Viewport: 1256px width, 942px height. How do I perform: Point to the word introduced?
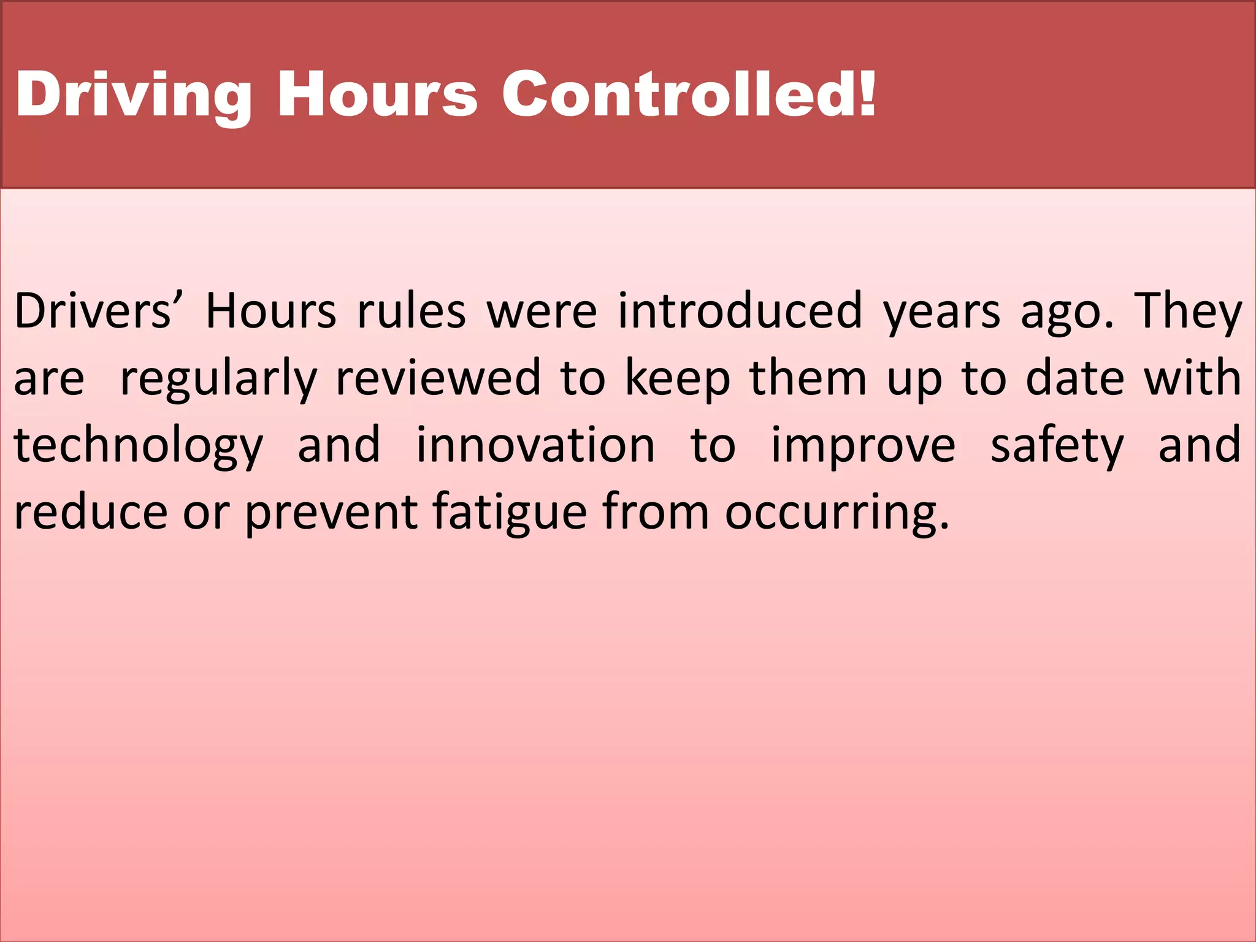(x=740, y=311)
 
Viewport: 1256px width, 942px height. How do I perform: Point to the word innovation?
(x=535, y=445)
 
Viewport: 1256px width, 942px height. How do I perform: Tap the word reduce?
(x=91, y=512)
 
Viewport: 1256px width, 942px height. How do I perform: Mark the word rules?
(x=412, y=311)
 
